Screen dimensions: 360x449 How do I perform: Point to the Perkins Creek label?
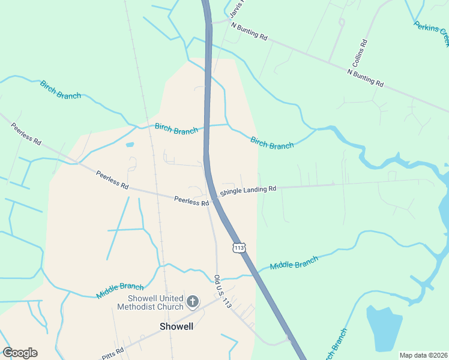click(432, 34)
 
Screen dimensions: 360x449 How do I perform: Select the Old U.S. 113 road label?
click(222, 292)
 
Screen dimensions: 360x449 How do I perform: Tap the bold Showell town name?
click(176, 326)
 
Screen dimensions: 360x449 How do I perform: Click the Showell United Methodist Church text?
click(155, 303)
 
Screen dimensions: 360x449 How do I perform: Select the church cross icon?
click(193, 301)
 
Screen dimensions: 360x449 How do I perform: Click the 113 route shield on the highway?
click(239, 247)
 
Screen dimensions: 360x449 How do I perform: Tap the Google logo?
click(20, 353)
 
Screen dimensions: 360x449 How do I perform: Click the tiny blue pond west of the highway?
click(130, 145)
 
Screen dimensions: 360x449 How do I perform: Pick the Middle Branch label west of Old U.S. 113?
click(120, 291)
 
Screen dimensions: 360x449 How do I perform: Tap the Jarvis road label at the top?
click(237, 8)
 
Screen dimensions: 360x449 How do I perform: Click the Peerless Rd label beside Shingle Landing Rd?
click(191, 202)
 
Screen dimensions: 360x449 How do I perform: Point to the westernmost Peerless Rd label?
click(26, 134)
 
